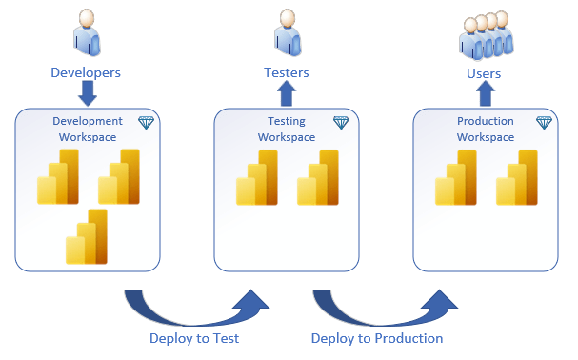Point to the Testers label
[x=286, y=71]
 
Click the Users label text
[x=485, y=71]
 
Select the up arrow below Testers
[x=287, y=93]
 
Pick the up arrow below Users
[x=485, y=93]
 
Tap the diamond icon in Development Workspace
[x=146, y=123]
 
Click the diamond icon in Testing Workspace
[x=343, y=123]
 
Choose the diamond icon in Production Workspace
[x=544, y=123]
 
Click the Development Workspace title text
[x=88, y=129]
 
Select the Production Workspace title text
[x=485, y=129]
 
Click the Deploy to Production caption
[x=377, y=338]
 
